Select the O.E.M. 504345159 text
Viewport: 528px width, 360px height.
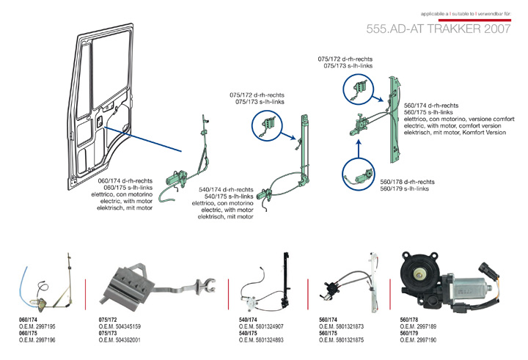point(120,327)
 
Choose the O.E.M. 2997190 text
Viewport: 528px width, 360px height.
point(418,341)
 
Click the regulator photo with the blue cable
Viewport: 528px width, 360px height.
point(48,286)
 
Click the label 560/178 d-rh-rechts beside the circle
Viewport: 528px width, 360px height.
point(407,182)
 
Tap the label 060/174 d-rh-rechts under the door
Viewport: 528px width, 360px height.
point(125,180)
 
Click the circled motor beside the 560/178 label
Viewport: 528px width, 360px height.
point(359,176)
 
